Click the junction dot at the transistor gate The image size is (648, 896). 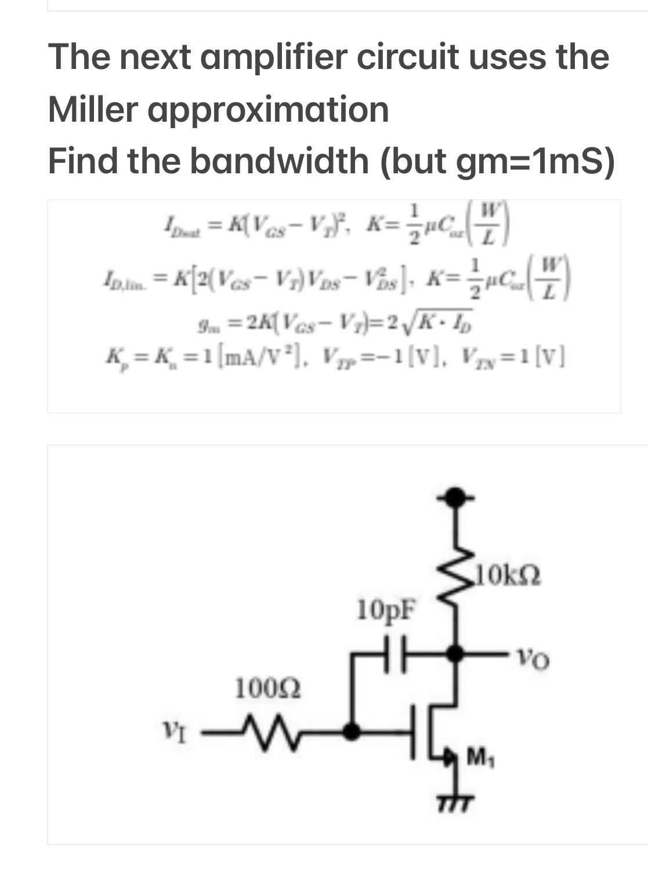coord(351,731)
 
